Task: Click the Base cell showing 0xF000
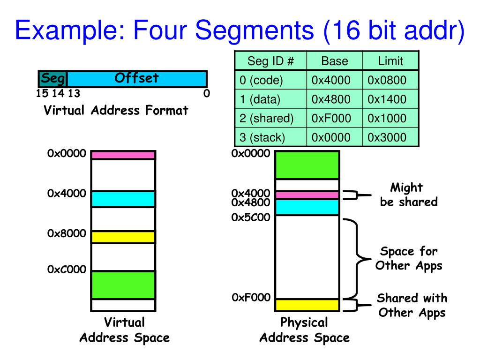coord(334,118)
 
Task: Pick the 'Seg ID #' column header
coord(270,61)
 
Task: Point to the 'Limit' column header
coord(390,61)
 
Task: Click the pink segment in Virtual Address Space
coord(123,155)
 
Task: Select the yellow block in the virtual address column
coord(123,237)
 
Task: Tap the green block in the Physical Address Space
coord(307,165)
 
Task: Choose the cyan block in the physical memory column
coord(307,207)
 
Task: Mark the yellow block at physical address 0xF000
coord(307,305)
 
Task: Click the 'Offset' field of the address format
coord(136,78)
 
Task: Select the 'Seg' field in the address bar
coord(52,78)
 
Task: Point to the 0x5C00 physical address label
coord(250,217)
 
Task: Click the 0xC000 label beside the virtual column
coord(67,270)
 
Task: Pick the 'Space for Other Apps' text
coord(408,258)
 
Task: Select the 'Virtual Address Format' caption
coord(116,111)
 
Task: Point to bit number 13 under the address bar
coord(74,93)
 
